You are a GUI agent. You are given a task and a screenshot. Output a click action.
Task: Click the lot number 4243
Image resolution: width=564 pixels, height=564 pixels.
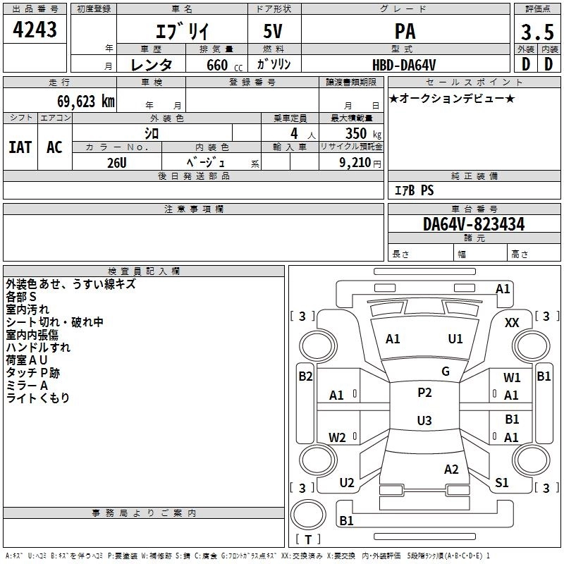coord(35,30)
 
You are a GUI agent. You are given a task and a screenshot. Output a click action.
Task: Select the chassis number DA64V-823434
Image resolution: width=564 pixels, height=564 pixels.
coord(474,224)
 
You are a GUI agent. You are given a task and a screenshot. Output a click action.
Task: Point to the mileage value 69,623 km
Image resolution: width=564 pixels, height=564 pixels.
coord(80,102)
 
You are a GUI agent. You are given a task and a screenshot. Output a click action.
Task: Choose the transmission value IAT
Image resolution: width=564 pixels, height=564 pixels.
coord(20,147)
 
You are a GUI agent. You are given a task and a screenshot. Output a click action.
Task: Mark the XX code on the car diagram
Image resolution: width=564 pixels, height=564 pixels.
coord(513,322)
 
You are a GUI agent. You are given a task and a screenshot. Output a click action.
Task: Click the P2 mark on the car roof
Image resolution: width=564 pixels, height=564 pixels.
coord(424,393)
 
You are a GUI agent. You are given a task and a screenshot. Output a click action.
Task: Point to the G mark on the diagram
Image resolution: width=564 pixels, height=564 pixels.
coord(446,372)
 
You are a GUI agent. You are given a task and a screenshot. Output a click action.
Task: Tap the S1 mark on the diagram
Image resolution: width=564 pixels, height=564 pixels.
coord(502,482)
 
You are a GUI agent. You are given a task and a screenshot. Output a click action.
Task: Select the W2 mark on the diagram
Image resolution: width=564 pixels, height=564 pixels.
coord(338,437)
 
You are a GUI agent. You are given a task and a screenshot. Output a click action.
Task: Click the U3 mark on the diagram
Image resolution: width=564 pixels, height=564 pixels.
coord(424,421)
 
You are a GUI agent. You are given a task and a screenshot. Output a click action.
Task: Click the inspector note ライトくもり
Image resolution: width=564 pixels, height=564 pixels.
coord(38,398)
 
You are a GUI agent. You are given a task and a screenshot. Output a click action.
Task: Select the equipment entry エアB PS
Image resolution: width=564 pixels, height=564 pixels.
coord(414,190)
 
